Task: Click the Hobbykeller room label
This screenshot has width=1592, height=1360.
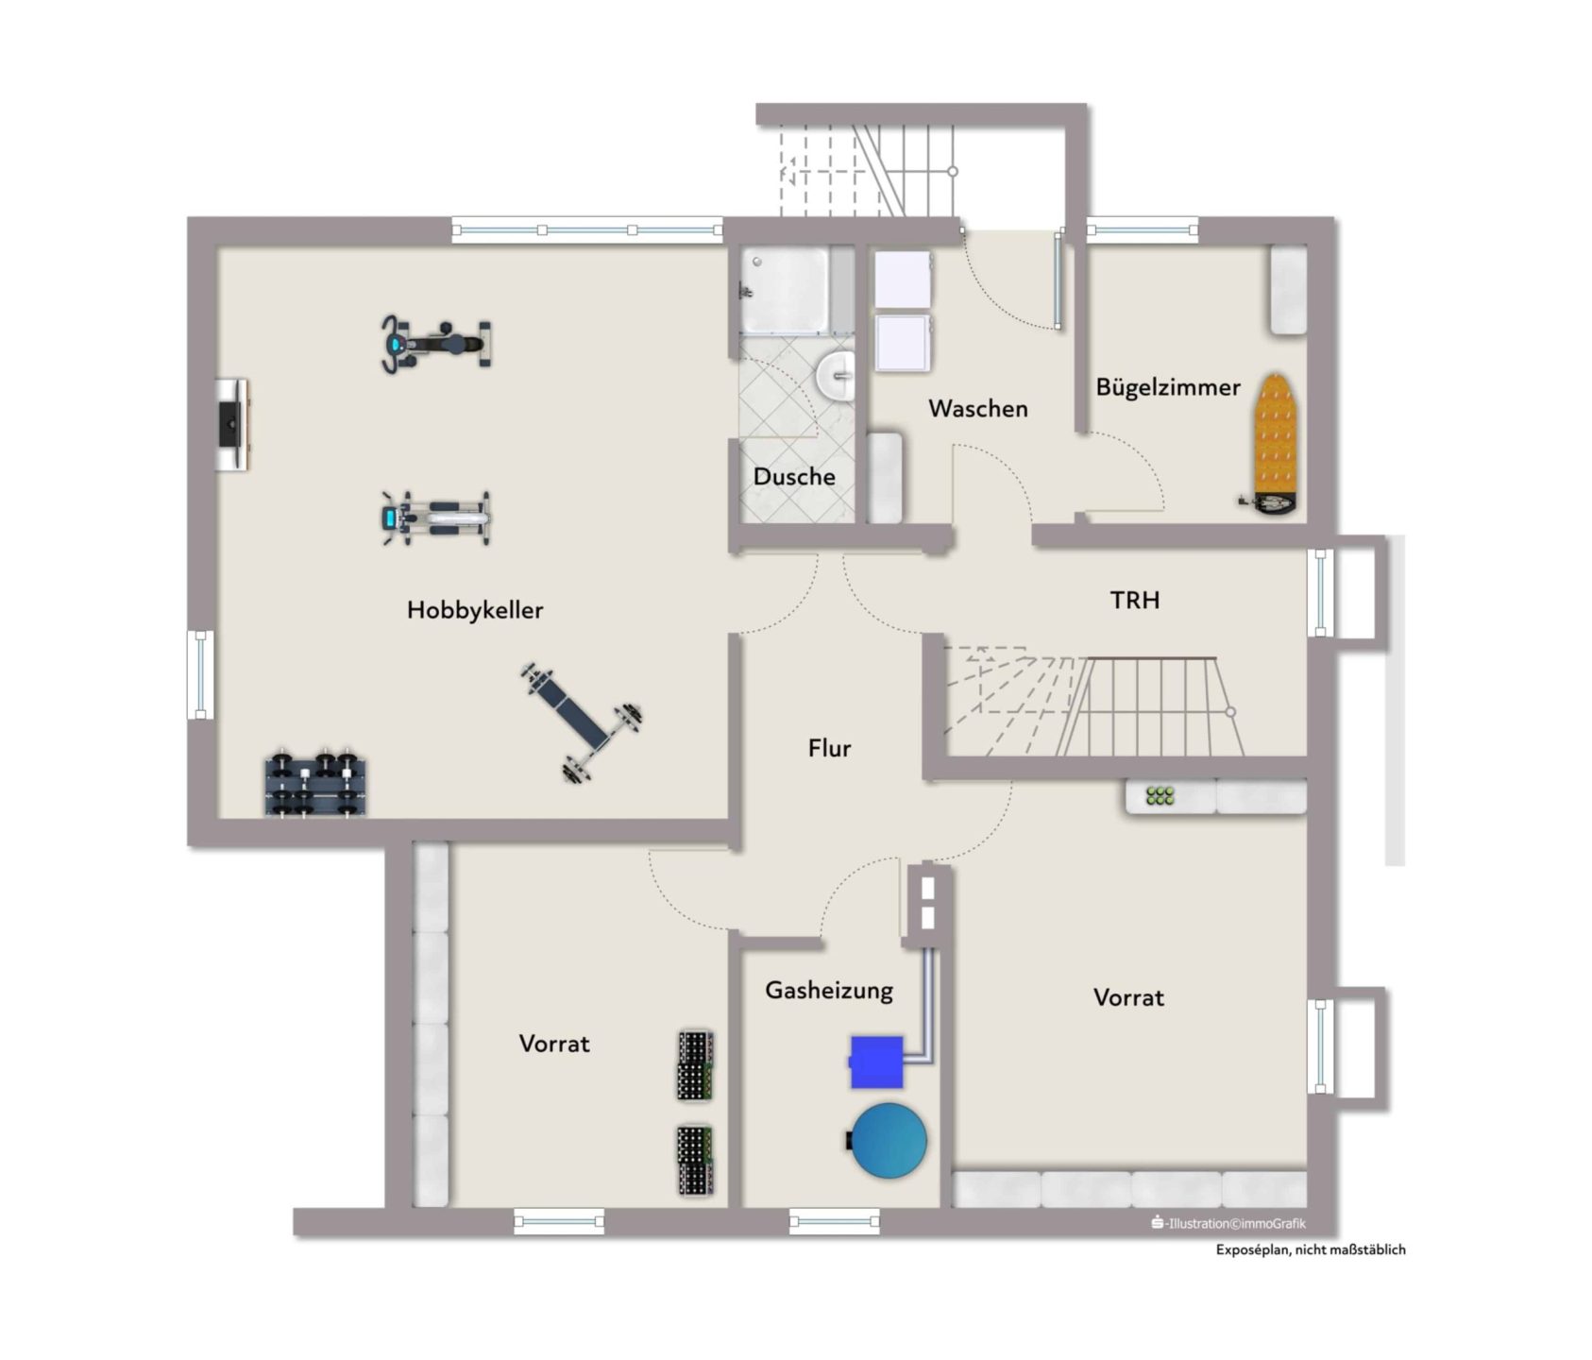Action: click(x=475, y=610)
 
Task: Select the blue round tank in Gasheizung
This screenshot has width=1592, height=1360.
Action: click(x=888, y=1140)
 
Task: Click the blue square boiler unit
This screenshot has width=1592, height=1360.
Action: click(x=876, y=1062)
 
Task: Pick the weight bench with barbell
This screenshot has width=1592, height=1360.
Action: click(x=580, y=722)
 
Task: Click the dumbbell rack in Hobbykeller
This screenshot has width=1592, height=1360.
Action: click(x=314, y=784)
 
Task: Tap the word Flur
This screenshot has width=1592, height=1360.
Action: click(x=830, y=749)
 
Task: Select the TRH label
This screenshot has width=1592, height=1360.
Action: click(x=1134, y=600)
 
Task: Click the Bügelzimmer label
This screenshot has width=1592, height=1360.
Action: click(x=1168, y=387)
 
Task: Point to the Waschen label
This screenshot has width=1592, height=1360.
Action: click(x=978, y=409)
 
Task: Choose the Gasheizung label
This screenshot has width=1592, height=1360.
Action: click(x=829, y=991)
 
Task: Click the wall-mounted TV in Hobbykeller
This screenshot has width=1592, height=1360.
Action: click(x=231, y=425)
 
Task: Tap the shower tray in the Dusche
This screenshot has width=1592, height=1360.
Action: click(x=785, y=290)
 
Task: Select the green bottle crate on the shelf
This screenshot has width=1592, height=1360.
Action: click(x=1160, y=796)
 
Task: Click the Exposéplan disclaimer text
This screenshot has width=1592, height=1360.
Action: click(x=1311, y=1249)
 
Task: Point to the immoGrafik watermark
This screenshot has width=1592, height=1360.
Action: click(x=1228, y=1223)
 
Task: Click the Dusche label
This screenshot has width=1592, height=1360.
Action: click(x=794, y=476)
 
